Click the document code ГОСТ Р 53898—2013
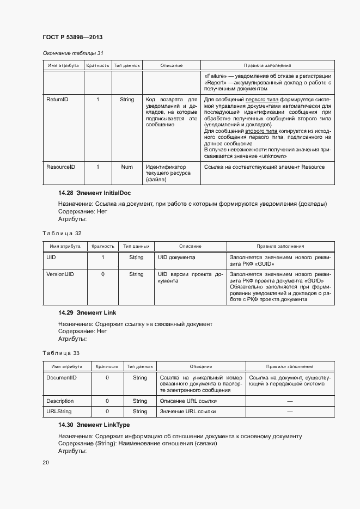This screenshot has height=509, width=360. click(x=72, y=37)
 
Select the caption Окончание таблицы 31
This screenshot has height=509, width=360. click(x=73, y=53)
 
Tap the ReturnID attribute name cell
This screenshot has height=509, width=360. click(x=57, y=100)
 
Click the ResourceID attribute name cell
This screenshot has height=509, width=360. click(x=60, y=167)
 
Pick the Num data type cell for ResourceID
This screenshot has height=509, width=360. click(x=127, y=167)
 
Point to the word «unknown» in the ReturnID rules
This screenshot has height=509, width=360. click(x=257, y=156)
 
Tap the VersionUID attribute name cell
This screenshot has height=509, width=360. click(x=60, y=274)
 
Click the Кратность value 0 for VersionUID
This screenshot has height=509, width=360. click(x=102, y=274)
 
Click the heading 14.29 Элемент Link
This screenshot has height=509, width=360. click(x=87, y=313)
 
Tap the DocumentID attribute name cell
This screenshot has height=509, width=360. click(x=61, y=377)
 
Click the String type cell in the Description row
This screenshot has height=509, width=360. click(x=140, y=401)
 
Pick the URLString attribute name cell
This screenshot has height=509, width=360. click(x=59, y=412)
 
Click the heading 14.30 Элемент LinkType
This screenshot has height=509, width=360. click(x=94, y=425)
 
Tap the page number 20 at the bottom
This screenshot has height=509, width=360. click(x=46, y=463)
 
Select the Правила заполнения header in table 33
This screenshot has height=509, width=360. click(x=289, y=366)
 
